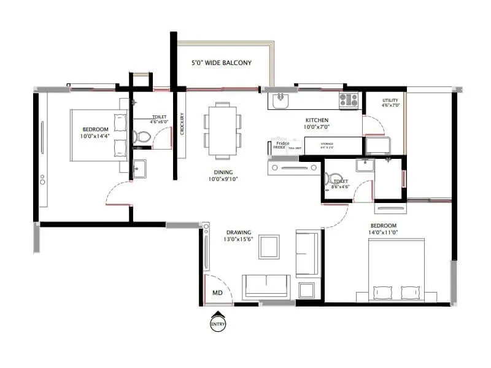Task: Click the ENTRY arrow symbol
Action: point(217,321)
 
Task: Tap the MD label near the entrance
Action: point(217,293)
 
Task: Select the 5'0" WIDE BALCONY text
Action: point(222,63)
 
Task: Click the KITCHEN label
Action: point(316,120)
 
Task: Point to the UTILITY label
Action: point(390,100)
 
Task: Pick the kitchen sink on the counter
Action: point(280,99)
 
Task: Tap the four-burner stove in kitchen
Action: point(349,99)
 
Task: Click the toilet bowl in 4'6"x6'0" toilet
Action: point(142,137)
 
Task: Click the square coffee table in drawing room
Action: point(269,247)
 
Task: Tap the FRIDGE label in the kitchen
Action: point(280,147)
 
